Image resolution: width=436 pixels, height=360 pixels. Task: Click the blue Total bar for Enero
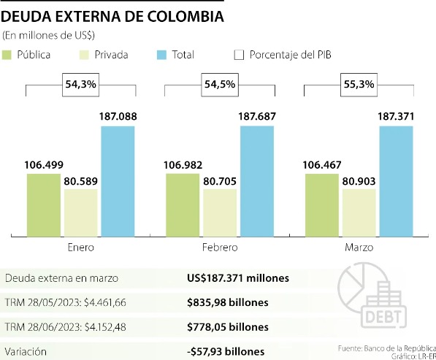tap(118, 181)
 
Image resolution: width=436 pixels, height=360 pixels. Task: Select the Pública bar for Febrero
tap(183, 205)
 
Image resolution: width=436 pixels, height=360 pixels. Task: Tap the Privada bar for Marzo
tap(359, 213)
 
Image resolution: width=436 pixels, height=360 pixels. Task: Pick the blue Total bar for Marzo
tap(396, 181)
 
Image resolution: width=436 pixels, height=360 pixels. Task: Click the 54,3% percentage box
tap(82, 85)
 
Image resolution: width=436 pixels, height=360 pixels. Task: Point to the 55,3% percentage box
tap(359, 85)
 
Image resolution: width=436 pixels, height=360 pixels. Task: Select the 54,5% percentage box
tap(220, 85)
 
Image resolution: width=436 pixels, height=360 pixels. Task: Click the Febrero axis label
tap(220, 248)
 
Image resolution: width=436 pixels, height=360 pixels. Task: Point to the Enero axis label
tap(81, 248)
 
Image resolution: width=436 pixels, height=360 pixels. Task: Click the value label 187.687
tap(257, 116)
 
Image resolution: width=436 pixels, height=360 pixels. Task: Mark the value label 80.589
tap(80, 180)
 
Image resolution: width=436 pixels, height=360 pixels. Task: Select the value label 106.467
tap(321, 164)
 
